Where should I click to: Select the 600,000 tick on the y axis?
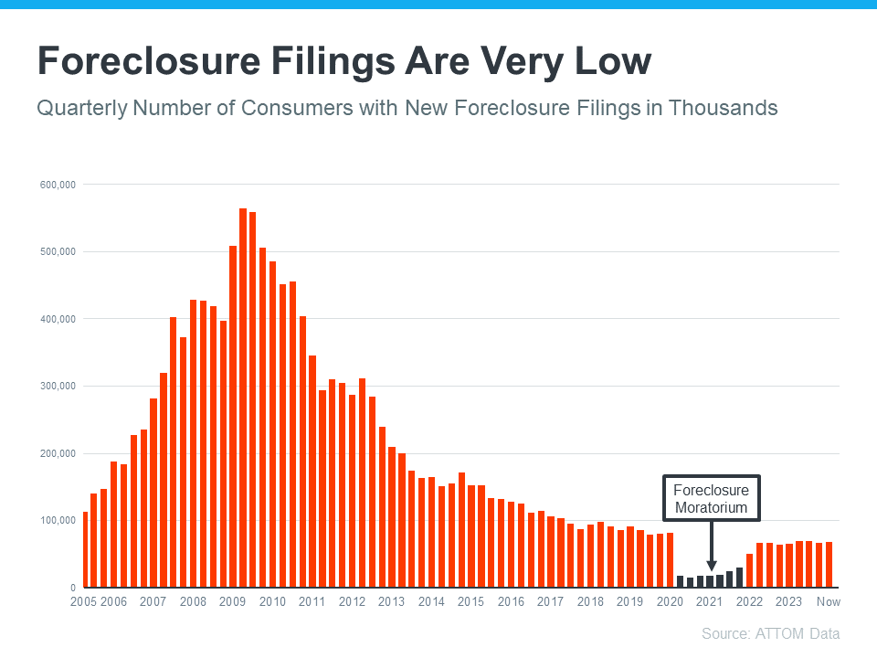point(57,185)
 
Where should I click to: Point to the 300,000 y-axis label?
point(57,386)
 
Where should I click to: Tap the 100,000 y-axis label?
point(57,520)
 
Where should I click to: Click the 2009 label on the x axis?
point(233,601)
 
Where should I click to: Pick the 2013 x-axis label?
point(392,601)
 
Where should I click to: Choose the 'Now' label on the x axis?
point(828,601)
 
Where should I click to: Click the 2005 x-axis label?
point(84,601)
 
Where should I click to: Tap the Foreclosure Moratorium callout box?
point(711,499)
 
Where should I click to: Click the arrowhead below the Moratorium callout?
point(711,567)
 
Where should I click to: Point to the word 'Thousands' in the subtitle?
point(723,108)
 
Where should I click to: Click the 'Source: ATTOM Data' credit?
point(770,633)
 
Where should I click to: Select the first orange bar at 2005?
point(86,549)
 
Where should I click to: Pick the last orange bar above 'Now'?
point(829,565)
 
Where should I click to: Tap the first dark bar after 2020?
point(681,581)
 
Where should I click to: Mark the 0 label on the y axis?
point(72,588)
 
